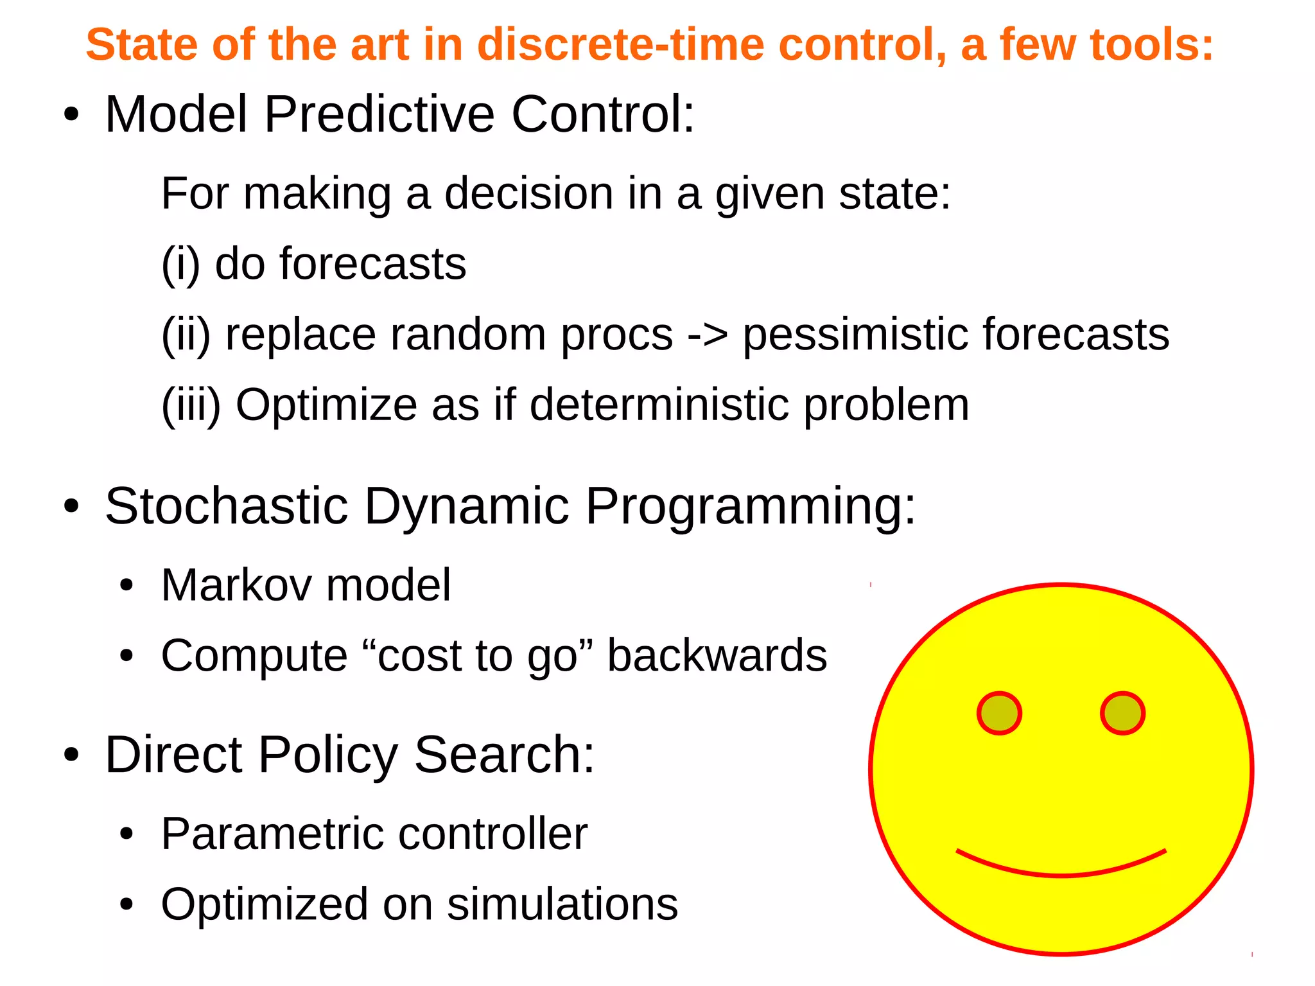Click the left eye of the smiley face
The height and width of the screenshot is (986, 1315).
(x=999, y=713)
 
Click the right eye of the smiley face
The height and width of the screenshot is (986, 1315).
(x=1122, y=713)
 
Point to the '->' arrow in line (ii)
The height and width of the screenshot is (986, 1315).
(x=708, y=335)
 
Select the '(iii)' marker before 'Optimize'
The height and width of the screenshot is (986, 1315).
(x=191, y=405)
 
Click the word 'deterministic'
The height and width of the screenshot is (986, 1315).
(x=659, y=405)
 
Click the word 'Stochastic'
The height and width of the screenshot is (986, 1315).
(x=226, y=506)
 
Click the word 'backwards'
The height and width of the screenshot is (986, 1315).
(x=717, y=656)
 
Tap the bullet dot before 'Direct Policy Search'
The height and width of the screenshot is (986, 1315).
(x=71, y=755)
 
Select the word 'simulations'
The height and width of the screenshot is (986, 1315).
(x=562, y=904)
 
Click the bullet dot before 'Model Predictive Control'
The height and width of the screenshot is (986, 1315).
(x=71, y=116)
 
